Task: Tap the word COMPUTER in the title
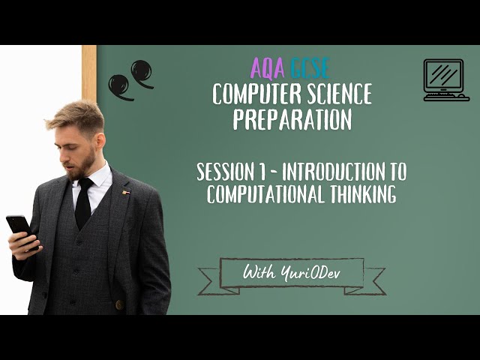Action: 253,94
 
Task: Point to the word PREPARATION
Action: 292,119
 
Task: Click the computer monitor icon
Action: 445,79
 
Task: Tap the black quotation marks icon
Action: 130,79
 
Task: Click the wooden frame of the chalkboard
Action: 89,75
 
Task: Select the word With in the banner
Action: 257,274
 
